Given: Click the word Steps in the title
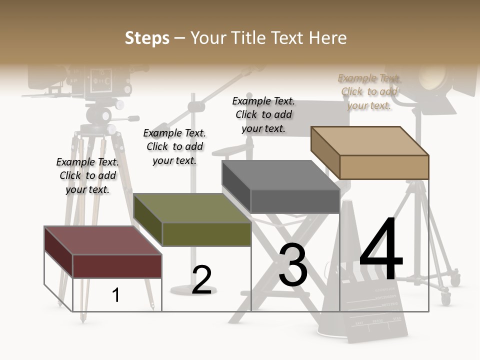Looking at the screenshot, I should [x=146, y=38].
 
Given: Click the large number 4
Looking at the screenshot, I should [x=381, y=250].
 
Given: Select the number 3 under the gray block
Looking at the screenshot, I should [x=292, y=265].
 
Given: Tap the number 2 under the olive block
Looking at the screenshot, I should [x=201, y=280].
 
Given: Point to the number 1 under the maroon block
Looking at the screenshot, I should [x=116, y=295].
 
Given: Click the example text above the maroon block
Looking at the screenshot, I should [x=87, y=175].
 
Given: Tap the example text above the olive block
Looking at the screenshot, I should [x=174, y=146].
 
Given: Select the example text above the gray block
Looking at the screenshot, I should [x=263, y=114].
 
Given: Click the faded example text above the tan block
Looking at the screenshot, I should [x=369, y=91].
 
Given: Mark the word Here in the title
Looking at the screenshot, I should [x=327, y=38].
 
